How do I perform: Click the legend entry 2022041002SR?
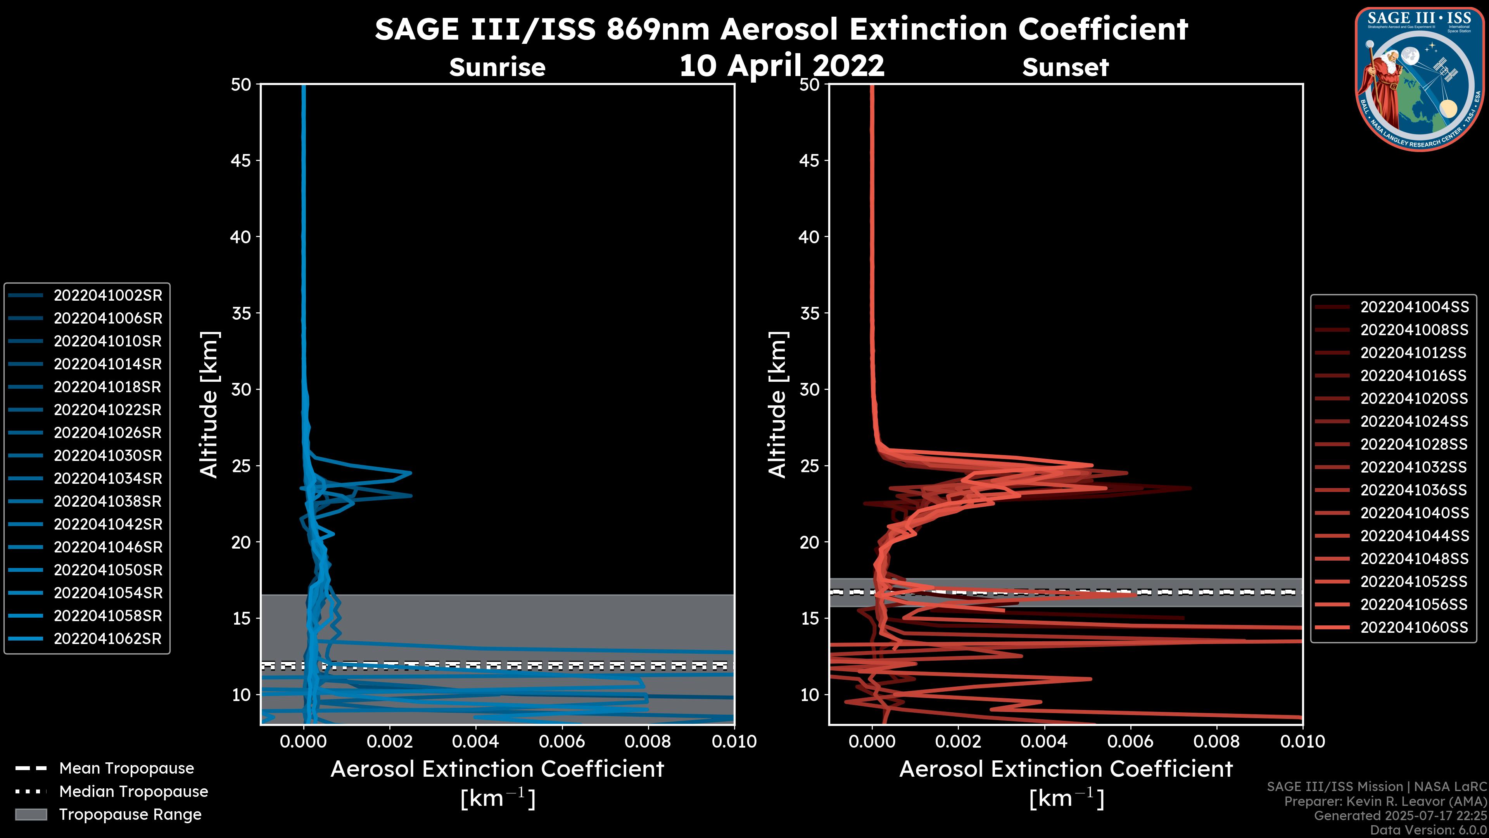coord(107,296)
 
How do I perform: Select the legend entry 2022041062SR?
coord(107,639)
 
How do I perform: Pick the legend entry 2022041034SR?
coord(107,479)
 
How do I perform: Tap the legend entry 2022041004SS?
coord(1414,307)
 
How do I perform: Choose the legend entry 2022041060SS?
coord(1414,627)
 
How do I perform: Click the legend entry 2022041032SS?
coord(1414,467)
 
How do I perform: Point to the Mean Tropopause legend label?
coord(126,769)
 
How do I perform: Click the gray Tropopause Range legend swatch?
coord(31,815)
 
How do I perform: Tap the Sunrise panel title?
coord(497,68)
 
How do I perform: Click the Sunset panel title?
coord(1065,68)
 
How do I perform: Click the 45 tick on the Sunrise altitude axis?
coord(240,161)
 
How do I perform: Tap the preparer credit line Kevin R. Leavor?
coord(1385,802)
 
